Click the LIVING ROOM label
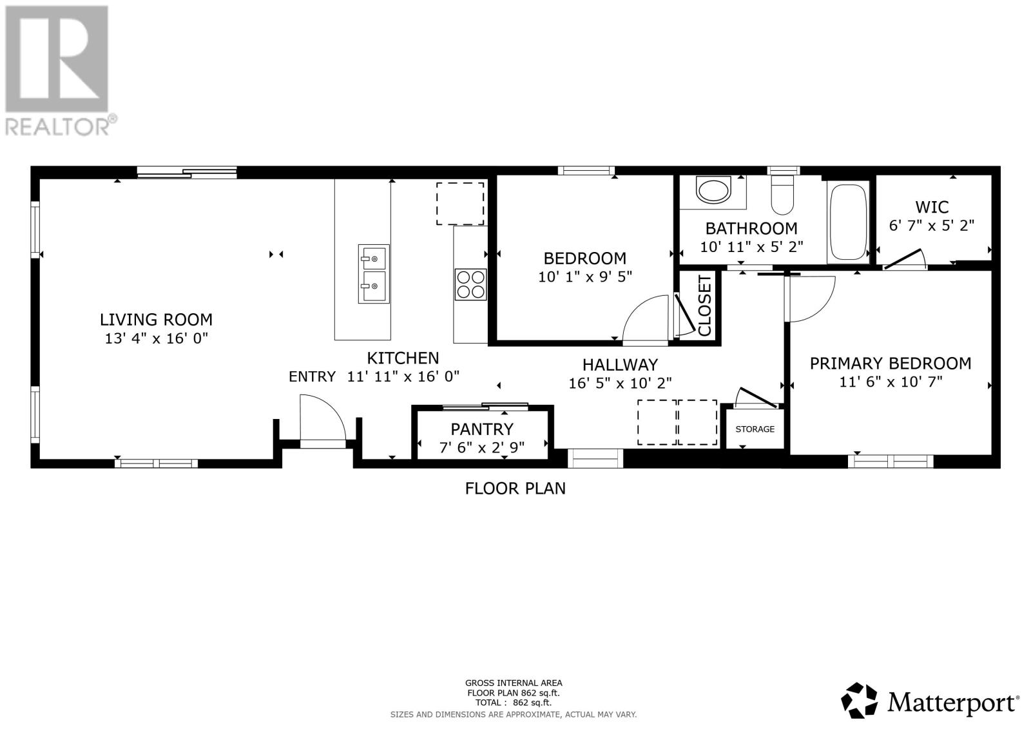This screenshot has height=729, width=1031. (156, 319)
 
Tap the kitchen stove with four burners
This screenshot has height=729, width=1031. (470, 284)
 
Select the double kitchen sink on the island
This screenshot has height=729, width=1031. (374, 273)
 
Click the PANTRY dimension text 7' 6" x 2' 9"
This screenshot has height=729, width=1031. (482, 447)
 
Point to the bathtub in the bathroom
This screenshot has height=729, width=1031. (848, 221)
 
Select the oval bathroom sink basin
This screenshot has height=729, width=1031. (713, 191)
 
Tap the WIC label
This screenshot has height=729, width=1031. (932, 207)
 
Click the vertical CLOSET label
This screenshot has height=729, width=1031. (704, 306)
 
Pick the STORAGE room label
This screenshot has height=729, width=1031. (755, 429)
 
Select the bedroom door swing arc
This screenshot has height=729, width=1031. (644, 317)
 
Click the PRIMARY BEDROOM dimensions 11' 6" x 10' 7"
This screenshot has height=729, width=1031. (891, 382)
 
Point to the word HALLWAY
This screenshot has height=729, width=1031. (620, 365)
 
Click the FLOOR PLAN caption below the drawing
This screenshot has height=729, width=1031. (515, 489)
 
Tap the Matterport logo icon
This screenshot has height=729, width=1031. (860, 701)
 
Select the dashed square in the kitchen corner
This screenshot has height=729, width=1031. (460, 204)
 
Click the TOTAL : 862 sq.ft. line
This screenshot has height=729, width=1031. (514, 703)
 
